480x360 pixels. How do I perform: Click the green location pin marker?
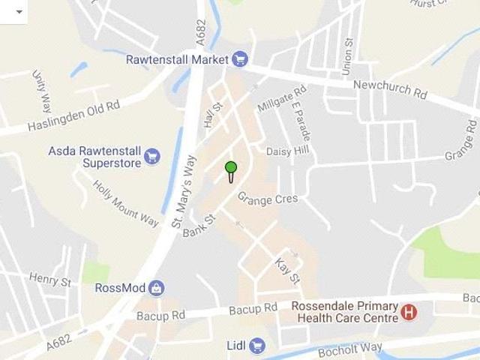pos(231,168)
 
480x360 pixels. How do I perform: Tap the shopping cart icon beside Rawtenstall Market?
pos(240,58)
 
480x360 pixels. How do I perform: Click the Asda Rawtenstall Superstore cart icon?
pos(152,156)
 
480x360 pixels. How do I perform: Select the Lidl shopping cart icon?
pos(257,345)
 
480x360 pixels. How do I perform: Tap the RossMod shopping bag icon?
pos(156,287)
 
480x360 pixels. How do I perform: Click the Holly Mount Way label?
pos(125,202)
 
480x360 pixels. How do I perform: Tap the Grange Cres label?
pos(268,199)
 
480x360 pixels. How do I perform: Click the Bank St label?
pos(199,226)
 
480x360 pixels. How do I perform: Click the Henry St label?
pos(49,280)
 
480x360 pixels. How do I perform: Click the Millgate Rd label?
pos(282,100)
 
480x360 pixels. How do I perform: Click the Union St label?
pos(347,57)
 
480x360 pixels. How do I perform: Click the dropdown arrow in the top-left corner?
pos(19,11)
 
